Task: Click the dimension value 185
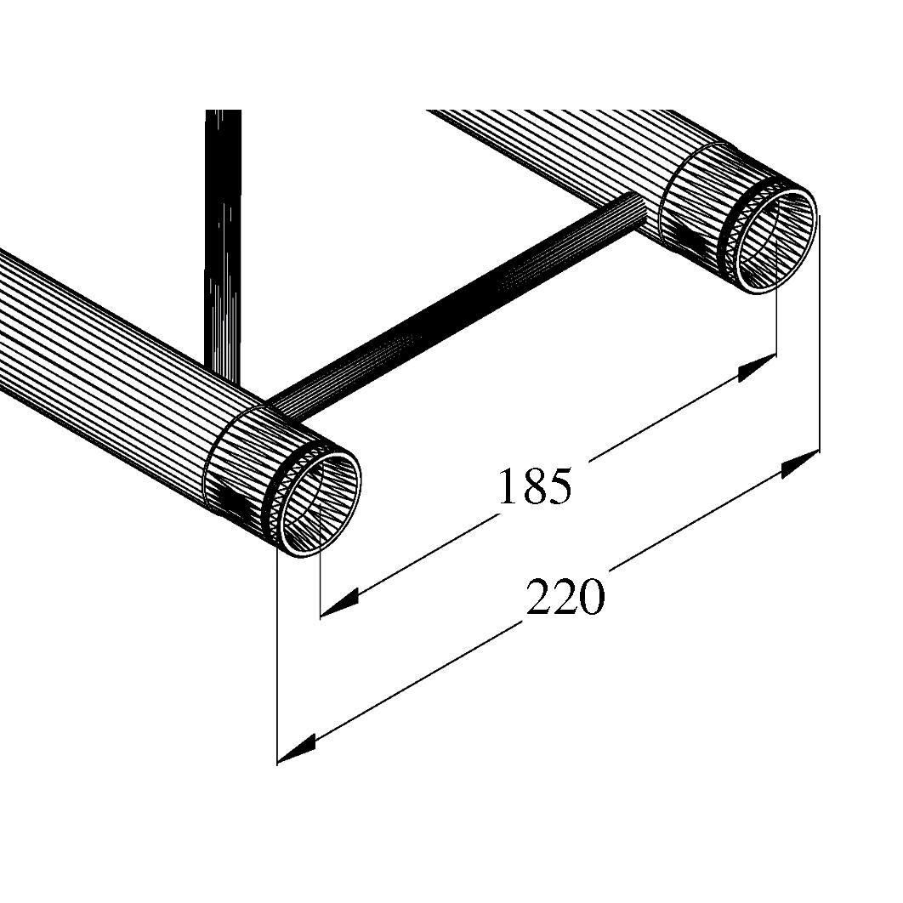click(534, 486)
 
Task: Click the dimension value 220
click(565, 597)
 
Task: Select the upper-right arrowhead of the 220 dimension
click(800, 464)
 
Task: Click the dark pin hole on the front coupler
click(231, 501)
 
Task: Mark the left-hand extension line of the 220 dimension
click(278, 663)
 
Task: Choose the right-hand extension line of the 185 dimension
click(777, 315)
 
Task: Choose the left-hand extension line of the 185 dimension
click(320, 587)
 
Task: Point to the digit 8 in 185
click(535, 486)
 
